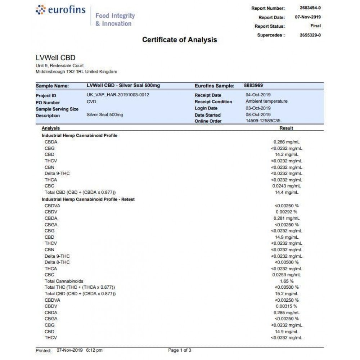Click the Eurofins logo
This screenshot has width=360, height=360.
[61, 10]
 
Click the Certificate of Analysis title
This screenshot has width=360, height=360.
[179, 40]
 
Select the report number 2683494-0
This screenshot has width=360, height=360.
[310, 8]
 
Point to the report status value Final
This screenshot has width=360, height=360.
[315, 26]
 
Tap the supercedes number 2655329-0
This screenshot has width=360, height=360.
[310, 35]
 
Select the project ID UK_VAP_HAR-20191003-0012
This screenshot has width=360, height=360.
[118, 95]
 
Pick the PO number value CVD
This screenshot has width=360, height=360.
[91, 102]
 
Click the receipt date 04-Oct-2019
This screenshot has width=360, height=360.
[258, 95]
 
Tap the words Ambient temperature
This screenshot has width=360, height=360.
[266, 102]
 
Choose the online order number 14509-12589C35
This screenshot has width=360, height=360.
[263, 121]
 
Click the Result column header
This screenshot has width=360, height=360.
[286, 128]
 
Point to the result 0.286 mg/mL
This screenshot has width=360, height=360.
[288, 142]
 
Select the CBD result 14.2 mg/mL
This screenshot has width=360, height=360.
[289, 154]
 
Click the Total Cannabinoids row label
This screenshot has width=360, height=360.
[64, 281]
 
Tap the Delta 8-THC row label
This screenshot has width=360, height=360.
[57, 262]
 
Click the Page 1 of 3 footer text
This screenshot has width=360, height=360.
[180, 350]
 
